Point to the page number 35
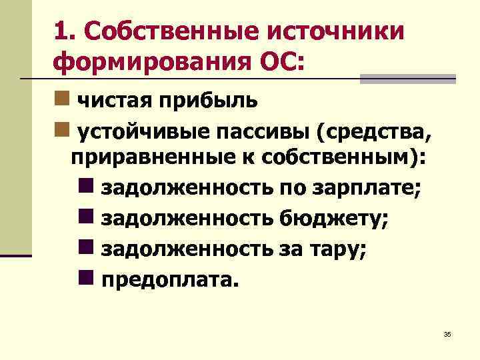[447, 334]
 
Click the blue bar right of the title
[407, 79]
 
